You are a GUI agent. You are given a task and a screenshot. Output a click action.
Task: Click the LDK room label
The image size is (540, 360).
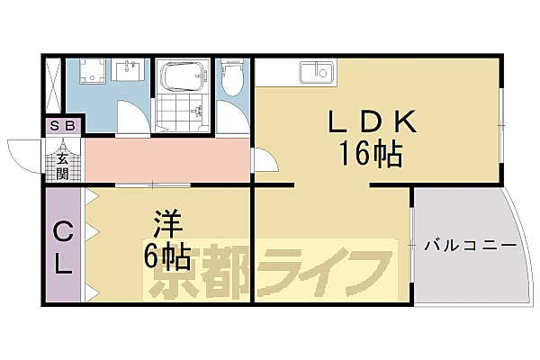coord(373,121)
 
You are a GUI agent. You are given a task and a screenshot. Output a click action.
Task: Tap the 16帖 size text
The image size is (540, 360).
coord(371,153)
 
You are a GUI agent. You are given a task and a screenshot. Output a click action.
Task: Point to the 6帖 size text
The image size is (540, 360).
coord(167,256)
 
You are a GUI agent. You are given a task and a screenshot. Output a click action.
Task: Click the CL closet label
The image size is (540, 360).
coord(63,247)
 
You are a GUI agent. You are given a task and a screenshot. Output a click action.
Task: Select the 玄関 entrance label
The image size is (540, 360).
coord(62,166)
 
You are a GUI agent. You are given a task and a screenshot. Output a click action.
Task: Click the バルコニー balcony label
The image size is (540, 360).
coord(471,246)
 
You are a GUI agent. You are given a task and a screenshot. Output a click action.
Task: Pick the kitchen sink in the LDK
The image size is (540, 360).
coord(317,72)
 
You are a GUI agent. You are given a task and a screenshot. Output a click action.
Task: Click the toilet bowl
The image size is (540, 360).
coord(232,77)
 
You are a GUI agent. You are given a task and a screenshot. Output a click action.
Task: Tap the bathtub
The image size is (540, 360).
coord(183,76)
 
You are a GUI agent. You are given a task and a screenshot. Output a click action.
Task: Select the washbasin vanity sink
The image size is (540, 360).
coord(129,70)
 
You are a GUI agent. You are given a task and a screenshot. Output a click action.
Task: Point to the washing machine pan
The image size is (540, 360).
coord(93,71)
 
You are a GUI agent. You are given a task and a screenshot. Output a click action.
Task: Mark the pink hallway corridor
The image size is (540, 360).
coord(167,160)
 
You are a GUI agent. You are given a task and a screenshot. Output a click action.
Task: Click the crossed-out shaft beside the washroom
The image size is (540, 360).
coord(53,85)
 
